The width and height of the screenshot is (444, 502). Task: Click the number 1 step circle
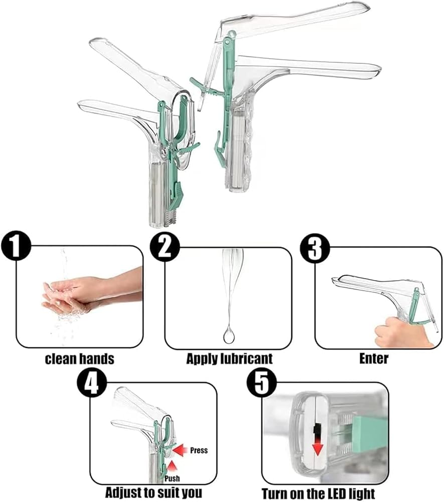(x=17, y=246)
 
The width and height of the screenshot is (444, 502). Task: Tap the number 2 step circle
(x=165, y=247)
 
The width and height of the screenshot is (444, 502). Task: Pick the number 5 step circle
(x=261, y=383)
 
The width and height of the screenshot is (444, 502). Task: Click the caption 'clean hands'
(x=79, y=359)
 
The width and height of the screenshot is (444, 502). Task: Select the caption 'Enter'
(x=374, y=358)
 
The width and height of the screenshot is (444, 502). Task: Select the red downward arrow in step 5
(x=318, y=444)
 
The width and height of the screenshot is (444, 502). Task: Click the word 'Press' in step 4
(x=199, y=450)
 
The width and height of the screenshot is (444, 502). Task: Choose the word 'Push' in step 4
(x=172, y=478)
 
